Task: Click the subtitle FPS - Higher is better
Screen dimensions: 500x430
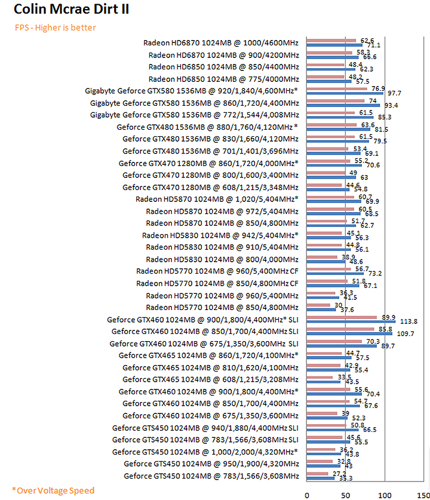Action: click(x=56, y=27)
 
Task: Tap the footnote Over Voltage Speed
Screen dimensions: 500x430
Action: click(x=53, y=490)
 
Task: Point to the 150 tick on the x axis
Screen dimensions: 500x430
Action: click(x=422, y=494)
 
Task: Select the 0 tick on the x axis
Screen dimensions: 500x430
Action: click(x=306, y=494)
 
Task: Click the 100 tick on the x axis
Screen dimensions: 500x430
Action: click(x=383, y=494)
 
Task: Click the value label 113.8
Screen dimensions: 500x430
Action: click(x=408, y=321)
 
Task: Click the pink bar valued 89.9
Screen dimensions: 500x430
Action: click(x=341, y=317)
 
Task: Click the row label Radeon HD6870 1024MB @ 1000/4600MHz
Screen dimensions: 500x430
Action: click(x=221, y=42)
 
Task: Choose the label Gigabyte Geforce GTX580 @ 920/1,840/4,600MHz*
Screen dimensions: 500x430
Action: click(x=191, y=91)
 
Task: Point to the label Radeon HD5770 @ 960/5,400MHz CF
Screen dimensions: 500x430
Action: click(x=217, y=271)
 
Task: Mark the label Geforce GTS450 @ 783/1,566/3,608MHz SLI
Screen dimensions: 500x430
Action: click(x=205, y=440)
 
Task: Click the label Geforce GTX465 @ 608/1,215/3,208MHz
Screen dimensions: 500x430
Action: click(x=210, y=379)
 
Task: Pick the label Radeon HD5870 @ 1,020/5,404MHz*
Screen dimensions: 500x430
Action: click(x=217, y=199)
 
